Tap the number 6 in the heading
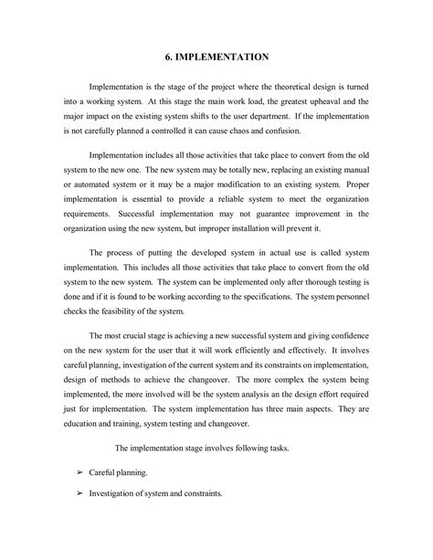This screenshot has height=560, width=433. point(168,57)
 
